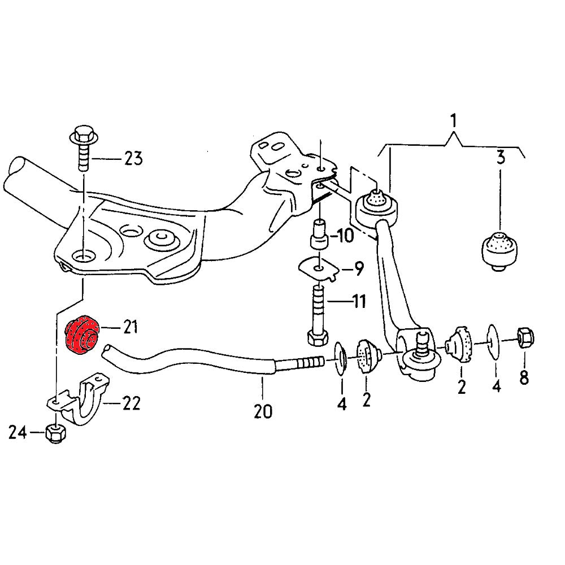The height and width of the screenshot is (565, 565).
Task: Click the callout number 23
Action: (133, 159)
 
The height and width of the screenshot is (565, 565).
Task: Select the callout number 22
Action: (131, 403)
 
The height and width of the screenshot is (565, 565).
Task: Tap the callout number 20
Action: (263, 411)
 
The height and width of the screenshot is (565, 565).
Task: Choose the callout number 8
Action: (524, 377)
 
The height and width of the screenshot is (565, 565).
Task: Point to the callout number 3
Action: (500, 158)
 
